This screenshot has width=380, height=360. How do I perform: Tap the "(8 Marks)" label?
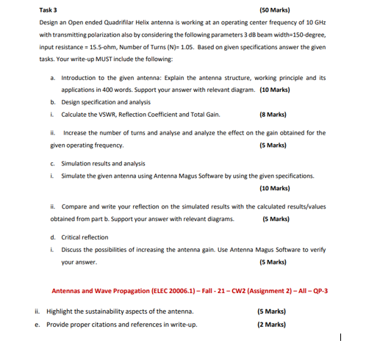273,115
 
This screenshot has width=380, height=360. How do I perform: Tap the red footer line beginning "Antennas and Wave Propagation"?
189,291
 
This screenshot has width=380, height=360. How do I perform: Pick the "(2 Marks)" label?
271,324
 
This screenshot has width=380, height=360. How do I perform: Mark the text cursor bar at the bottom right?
340,336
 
